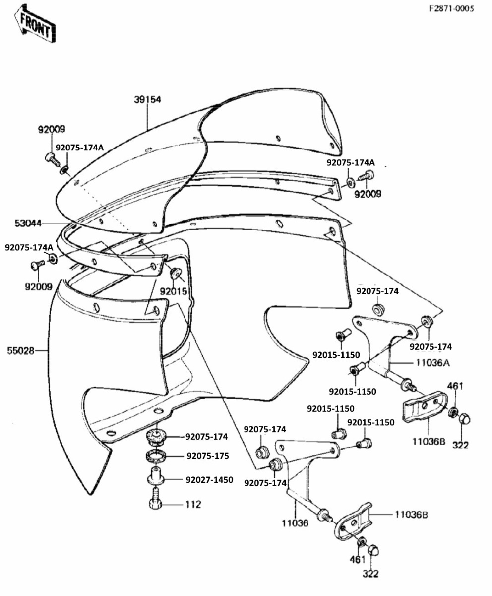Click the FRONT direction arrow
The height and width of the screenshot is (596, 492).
click(x=34, y=24)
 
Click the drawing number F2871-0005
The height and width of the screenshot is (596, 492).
click(x=451, y=8)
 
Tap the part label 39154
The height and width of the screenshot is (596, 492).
click(x=147, y=99)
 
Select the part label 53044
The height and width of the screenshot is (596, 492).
click(x=28, y=223)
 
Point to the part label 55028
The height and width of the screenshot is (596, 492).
click(x=21, y=351)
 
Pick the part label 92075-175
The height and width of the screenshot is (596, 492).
click(x=207, y=456)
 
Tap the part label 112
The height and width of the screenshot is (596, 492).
click(x=193, y=505)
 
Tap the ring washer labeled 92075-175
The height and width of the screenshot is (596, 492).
click(x=155, y=455)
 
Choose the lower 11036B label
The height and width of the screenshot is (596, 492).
click(x=411, y=515)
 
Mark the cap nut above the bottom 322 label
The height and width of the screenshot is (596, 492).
click(x=373, y=550)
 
